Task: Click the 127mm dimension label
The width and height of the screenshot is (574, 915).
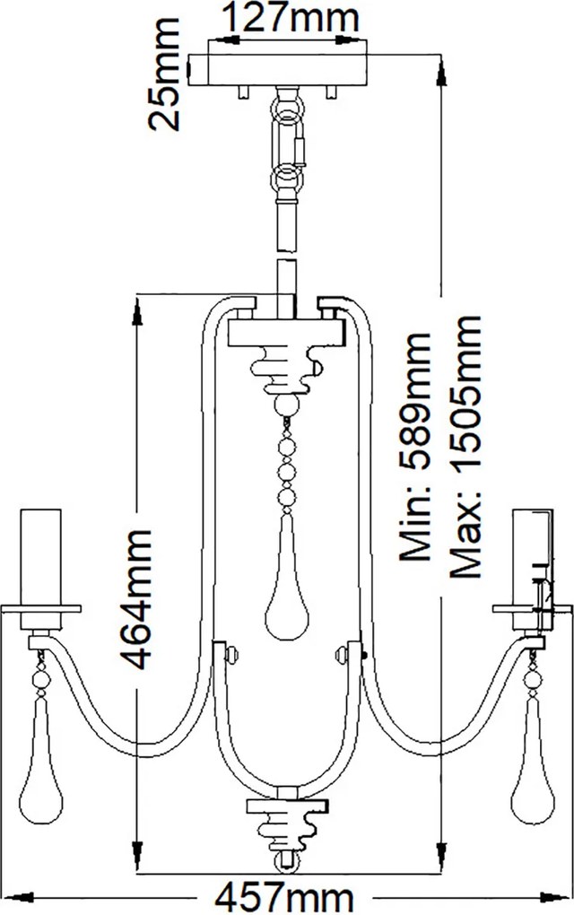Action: point(291,19)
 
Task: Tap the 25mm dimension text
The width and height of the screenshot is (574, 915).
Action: point(164,74)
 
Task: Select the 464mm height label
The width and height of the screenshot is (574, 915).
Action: point(136,599)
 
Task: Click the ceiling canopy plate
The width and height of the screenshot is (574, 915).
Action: point(281,70)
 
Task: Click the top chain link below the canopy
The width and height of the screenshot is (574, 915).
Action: point(288,109)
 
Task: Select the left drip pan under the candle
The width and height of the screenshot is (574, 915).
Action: point(41,608)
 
